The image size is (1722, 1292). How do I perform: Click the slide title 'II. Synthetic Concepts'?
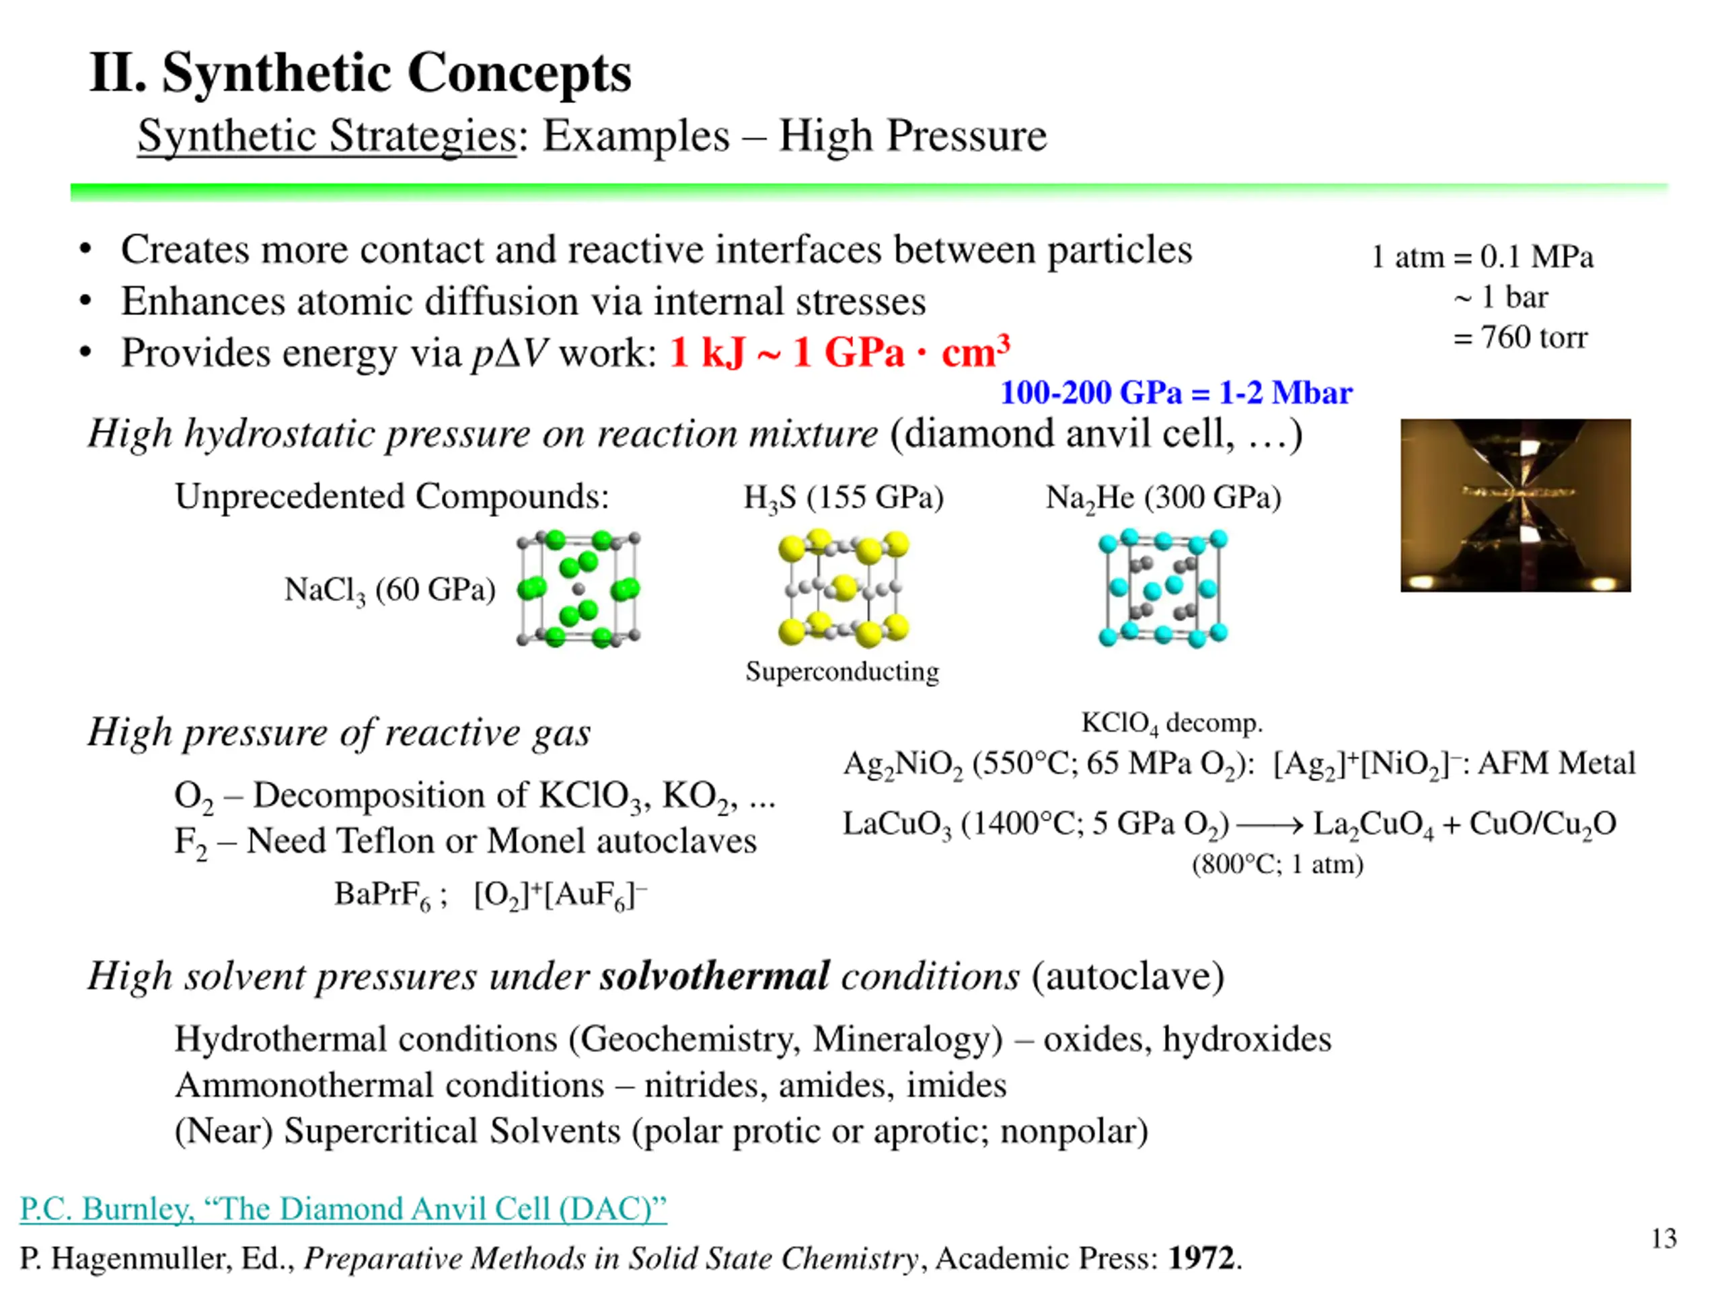[x=360, y=73]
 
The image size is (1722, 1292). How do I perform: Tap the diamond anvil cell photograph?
[x=1515, y=505]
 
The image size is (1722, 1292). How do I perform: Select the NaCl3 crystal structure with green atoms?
[x=578, y=589]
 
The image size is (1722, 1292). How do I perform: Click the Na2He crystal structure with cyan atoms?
[x=1163, y=589]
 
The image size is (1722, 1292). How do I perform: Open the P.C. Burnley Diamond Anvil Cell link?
[x=343, y=1208]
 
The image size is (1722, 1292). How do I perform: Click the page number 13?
[x=1663, y=1238]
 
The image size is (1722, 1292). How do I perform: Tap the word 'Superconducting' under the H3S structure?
[x=842, y=672]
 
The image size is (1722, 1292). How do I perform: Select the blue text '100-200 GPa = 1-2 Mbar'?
[x=1176, y=392]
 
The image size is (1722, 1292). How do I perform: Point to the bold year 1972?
[x=1201, y=1258]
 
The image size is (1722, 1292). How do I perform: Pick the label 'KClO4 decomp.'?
[x=1172, y=723]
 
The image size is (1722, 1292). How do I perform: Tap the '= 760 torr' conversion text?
[x=1520, y=338]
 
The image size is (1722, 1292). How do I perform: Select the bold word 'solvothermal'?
[x=714, y=976]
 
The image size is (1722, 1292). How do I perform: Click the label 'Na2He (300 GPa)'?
[x=1163, y=498]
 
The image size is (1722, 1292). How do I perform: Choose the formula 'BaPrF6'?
[x=382, y=894]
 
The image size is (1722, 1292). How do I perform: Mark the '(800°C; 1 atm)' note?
[x=1277, y=865]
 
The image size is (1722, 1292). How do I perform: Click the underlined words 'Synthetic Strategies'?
[x=327, y=137]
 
